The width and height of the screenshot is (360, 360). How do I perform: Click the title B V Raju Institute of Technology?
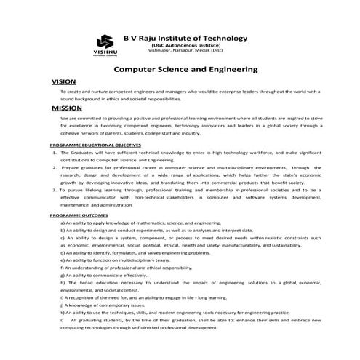click(185, 38)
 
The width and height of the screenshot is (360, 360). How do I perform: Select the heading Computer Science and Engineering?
click(187, 70)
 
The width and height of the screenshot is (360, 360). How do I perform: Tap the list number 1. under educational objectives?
click(55, 153)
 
